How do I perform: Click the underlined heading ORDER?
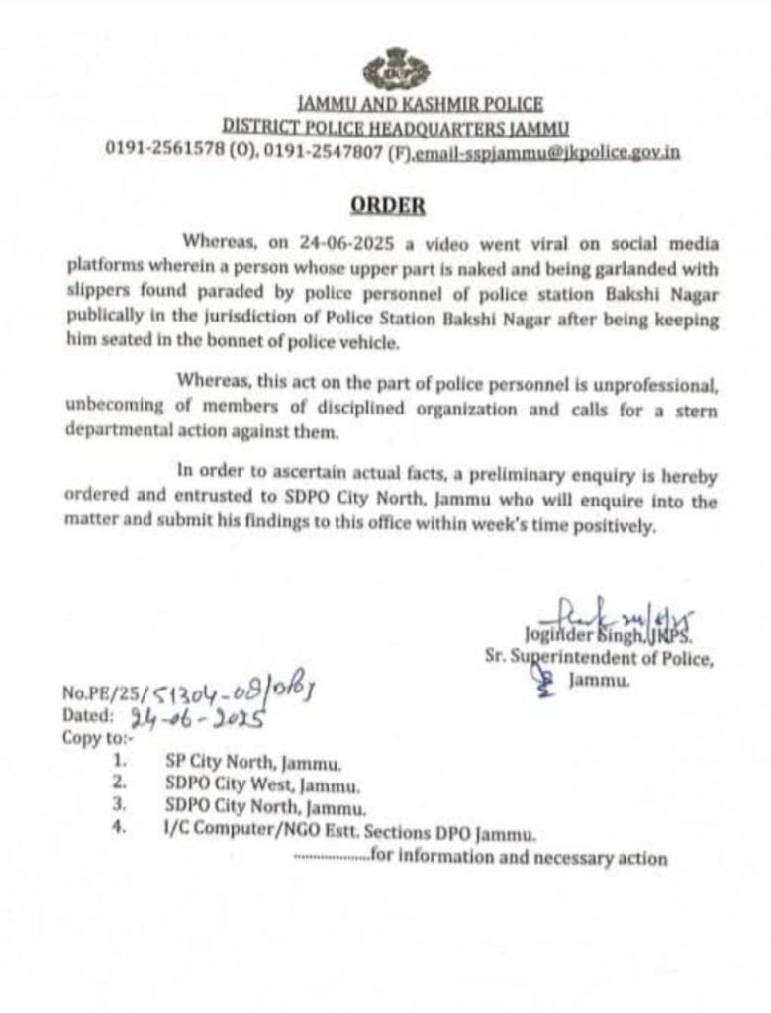coord(389,206)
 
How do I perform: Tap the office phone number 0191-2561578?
coord(163,150)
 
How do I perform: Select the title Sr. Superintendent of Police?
coord(597,657)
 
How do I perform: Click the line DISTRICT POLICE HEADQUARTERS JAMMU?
coord(396,126)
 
